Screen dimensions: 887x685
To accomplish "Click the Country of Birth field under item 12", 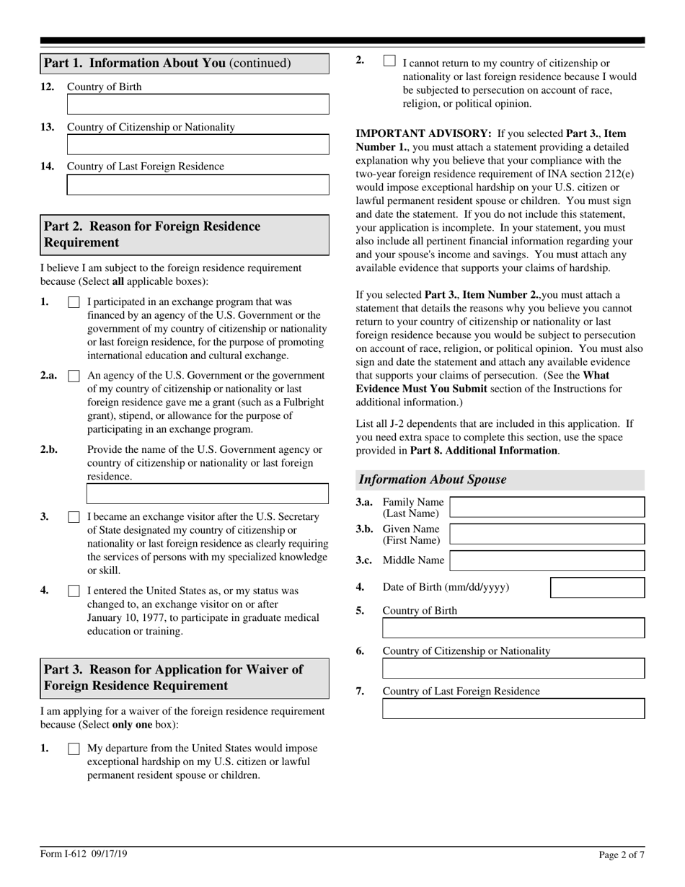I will click(x=198, y=105).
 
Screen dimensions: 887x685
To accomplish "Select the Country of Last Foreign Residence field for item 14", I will click(x=198, y=185).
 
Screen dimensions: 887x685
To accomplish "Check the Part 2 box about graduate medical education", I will click(x=74, y=591).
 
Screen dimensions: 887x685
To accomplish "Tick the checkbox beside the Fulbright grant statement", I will click(x=74, y=376).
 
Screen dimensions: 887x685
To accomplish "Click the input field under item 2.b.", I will click(x=208, y=494).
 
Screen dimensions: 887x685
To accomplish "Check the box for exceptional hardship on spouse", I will click(x=74, y=749).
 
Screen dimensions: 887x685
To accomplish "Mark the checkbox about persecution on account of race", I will click(x=389, y=61).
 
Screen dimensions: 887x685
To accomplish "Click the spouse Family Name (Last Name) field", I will click(x=547, y=507).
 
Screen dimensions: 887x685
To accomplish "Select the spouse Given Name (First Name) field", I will click(x=547, y=534).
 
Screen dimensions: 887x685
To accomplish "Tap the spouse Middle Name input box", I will click(x=547, y=561).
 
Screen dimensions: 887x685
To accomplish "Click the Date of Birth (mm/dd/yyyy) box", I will click(x=597, y=588).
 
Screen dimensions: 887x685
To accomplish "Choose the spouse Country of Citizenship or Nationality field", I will click(x=513, y=668).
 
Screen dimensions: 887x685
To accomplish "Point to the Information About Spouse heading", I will click(x=433, y=480).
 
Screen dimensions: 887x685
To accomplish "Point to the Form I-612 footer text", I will click(x=84, y=855).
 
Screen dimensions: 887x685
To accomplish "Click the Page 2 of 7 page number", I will click(x=622, y=855).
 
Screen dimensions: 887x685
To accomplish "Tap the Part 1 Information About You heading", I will click(x=167, y=63).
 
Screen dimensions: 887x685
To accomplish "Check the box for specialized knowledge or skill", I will click(x=74, y=518).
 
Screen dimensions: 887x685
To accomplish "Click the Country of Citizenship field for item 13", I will click(x=198, y=145).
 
